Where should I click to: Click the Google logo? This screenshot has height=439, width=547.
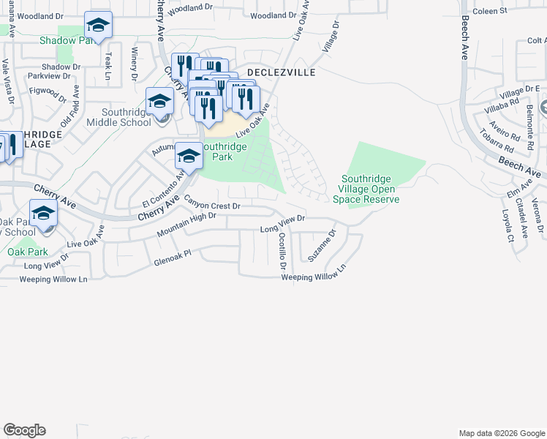click(24, 430)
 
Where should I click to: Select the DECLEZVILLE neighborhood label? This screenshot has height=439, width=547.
click(280, 73)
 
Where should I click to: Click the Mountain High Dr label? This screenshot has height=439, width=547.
click(186, 224)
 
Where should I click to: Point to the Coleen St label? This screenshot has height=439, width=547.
click(490, 12)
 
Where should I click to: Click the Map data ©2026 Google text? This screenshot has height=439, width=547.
click(501, 433)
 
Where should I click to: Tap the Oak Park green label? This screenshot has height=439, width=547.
click(28, 252)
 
